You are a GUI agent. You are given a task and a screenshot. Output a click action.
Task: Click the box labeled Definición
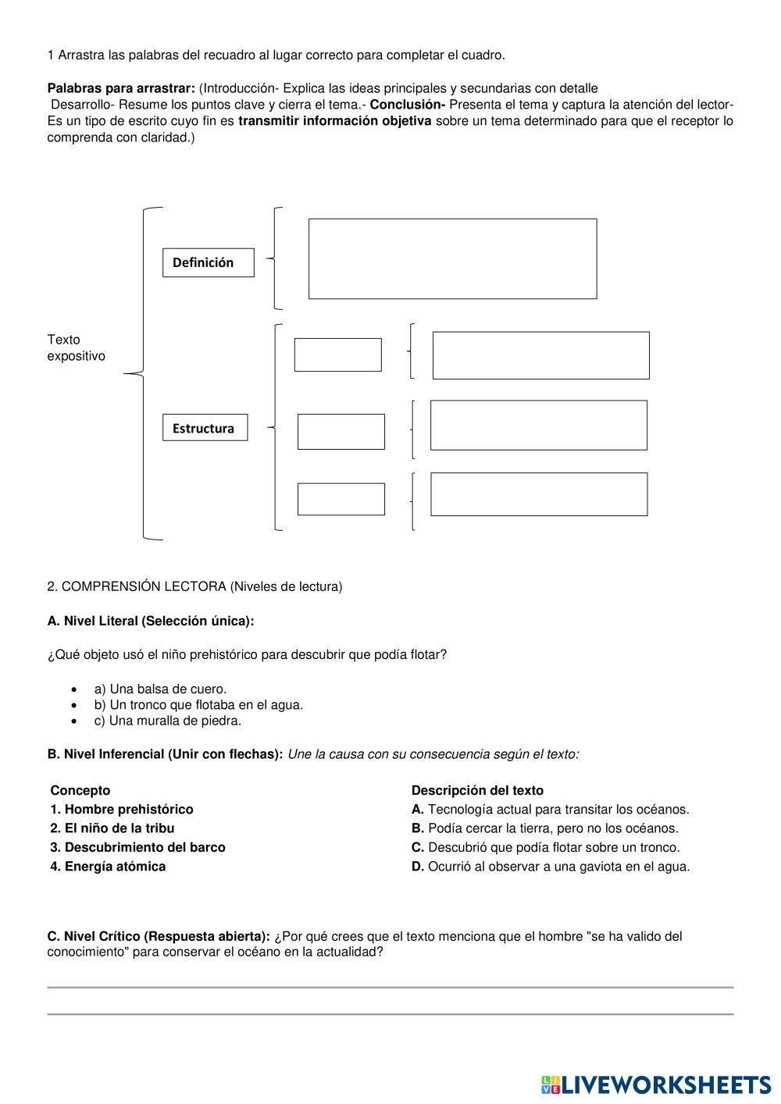click(209, 262)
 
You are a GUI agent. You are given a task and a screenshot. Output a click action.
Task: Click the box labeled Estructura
click(205, 428)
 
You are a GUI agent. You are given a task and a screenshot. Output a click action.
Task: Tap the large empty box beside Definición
click(452, 258)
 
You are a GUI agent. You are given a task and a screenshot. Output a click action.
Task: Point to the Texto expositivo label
click(76, 347)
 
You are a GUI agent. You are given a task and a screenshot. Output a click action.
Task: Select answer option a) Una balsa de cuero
click(160, 689)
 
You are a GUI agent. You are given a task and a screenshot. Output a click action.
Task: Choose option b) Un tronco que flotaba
click(198, 704)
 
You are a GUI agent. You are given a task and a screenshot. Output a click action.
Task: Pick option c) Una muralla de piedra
click(167, 721)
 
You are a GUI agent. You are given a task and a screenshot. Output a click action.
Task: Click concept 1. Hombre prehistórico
click(121, 809)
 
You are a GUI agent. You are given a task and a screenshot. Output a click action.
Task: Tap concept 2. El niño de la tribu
click(112, 828)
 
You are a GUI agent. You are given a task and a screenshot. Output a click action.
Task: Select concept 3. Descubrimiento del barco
click(137, 847)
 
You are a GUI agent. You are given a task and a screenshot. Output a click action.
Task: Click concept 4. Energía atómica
click(108, 866)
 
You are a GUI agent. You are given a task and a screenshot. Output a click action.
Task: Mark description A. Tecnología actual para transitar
click(550, 809)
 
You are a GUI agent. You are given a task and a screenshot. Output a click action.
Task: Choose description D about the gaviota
click(551, 866)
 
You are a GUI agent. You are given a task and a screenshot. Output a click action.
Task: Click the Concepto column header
click(80, 790)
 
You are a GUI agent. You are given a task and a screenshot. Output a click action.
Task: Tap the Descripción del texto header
click(477, 790)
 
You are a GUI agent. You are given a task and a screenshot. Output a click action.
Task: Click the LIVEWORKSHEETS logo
click(655, 1084)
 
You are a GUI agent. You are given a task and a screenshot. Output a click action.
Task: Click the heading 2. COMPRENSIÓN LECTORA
click(194, 586)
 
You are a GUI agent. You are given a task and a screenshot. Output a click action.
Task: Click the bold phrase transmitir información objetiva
click(334, 121)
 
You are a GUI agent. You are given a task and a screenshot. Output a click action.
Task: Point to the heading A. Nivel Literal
click(151, 621)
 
